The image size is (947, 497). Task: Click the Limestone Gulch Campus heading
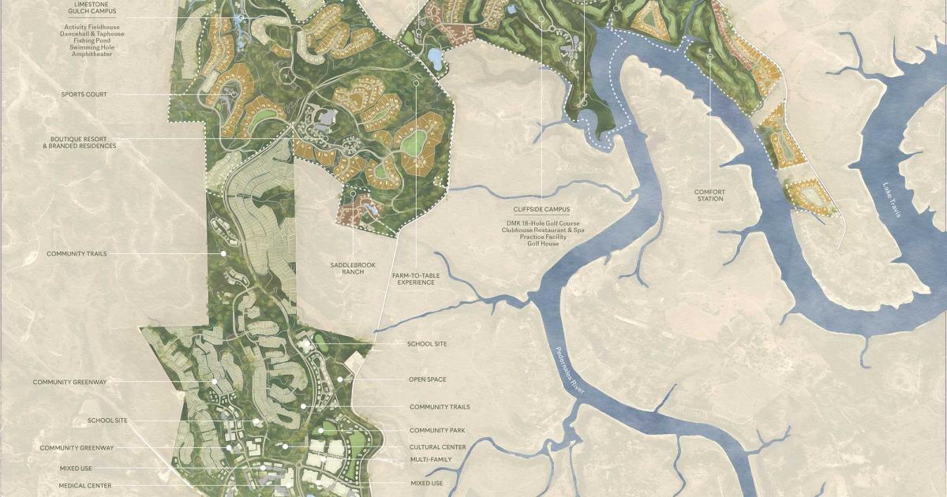pos(88,9)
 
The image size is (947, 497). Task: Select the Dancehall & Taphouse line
pos(88,33)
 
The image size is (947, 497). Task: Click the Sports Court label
pos(84,95)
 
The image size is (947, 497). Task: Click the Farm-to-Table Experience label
pos(416,278)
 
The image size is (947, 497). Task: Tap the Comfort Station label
pos(709,195)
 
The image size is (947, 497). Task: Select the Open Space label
pos(427,379)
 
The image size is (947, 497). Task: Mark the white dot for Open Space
pos(340,379)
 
